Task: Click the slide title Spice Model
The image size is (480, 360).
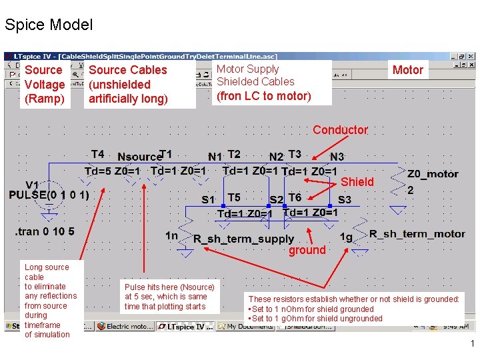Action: tap(48, 25)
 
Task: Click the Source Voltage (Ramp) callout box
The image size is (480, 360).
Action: tap(44, 85)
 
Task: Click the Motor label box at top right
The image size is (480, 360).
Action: tap(407, 70)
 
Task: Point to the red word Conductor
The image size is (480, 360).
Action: tap(340, 130)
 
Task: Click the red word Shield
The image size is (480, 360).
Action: tap(357, 182)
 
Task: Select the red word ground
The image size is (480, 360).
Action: tap(307, 250)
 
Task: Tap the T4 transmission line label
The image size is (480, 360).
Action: tap(97, 155)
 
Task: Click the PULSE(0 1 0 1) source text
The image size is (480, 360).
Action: tap(49, 195)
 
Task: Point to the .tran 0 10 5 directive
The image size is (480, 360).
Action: tap(45, 232)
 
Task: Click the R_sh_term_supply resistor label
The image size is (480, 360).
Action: tap(243, 239)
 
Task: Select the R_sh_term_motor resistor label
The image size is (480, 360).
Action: tap(417, 234)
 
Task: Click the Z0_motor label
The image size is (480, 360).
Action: tap(433, 174)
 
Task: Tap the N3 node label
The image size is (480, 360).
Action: tap(337, 157)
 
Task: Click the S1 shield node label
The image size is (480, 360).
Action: tap(209, 199)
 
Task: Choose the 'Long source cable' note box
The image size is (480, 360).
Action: tap(51, 301)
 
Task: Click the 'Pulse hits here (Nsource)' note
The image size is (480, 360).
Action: tap(169, 297)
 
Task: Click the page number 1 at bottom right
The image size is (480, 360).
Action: tap(471, 344)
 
